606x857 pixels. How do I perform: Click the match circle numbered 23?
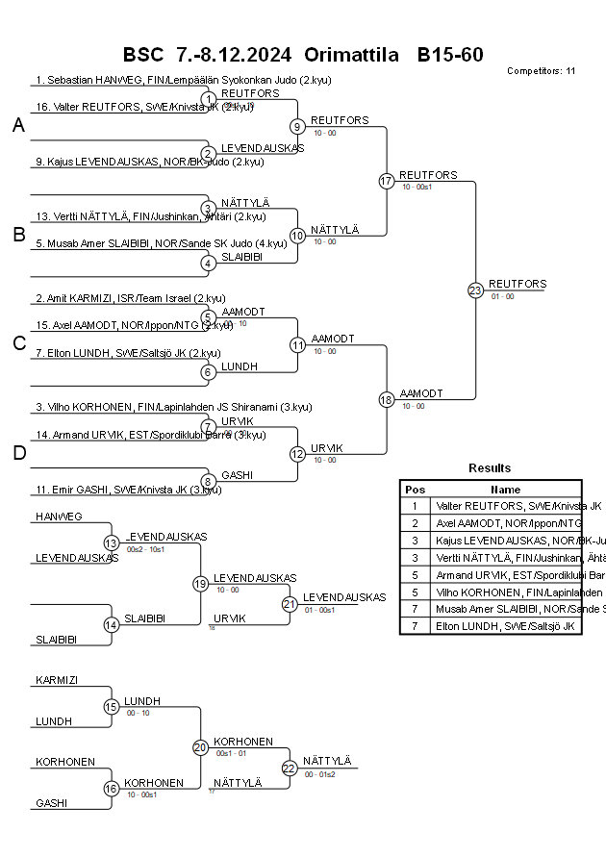475,290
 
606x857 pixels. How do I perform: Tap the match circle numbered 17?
387,181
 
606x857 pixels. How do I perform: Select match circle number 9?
298,126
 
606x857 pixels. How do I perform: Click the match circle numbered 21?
290,604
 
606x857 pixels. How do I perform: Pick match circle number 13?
111,542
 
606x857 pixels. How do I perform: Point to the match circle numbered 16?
111,789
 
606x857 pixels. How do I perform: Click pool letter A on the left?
18,126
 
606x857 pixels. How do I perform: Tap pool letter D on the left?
18,453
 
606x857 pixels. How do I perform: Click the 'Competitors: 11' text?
541,71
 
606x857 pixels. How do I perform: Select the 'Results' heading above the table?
490,467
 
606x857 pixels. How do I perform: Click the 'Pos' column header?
415,489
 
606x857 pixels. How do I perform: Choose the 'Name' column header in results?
506,489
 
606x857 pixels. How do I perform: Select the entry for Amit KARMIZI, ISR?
130,298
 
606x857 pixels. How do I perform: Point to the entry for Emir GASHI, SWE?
127,490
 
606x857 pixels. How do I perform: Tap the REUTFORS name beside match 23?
518,284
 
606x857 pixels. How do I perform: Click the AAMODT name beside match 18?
421,393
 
